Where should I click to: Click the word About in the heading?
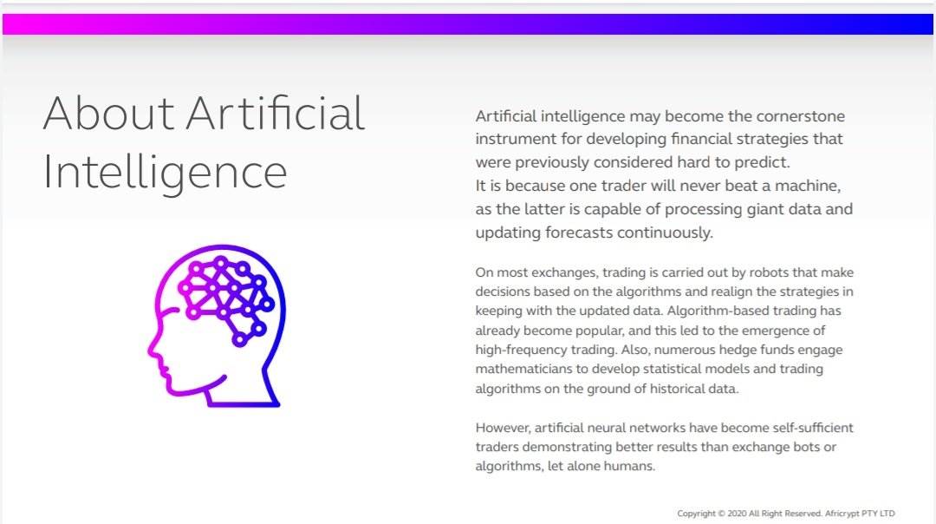click(108, 113)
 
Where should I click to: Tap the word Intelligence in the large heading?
click(166, 173)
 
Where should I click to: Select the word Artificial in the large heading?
click(276, 113)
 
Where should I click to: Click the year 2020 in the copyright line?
click(738, 514)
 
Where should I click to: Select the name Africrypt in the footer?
click(842, 514)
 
